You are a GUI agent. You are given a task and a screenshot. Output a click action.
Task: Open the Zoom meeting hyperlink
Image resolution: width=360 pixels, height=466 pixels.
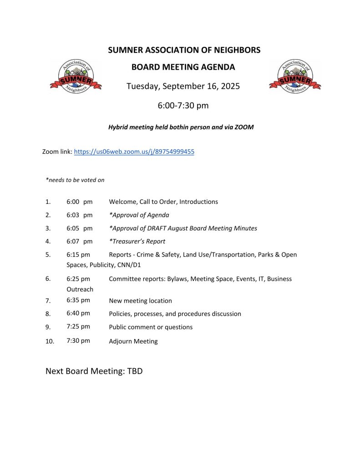pyautogui.click(x=134, y=152)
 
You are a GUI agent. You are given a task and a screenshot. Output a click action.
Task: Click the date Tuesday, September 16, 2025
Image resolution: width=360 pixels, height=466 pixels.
pyautogui.click(x=183, y=86)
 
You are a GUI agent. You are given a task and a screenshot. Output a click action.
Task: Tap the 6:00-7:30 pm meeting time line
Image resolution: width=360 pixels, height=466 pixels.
pyautogui.click(x=183, y=106)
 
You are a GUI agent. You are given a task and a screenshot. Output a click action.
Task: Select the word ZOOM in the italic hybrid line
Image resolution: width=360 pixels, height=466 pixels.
pyautogui.click(x=243, y=127)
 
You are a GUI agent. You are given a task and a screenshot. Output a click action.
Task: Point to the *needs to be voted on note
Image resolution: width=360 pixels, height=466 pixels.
pyautogui.click(x=75, y=180)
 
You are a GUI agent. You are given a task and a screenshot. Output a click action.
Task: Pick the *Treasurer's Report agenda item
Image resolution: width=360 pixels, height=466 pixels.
pyautogui.click(x=137, y=241)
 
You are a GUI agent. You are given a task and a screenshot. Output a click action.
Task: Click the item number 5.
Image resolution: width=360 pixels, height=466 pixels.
pyautogui.click(x=48, y=254)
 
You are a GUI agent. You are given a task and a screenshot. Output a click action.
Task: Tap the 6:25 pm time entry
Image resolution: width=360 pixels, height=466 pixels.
pyautogui.click(x=78, y=279)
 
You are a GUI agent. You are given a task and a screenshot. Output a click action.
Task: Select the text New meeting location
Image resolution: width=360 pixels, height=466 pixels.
pyautogui.click(x=140, y=300)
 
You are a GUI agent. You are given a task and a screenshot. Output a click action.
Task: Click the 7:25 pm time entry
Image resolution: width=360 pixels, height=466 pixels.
pyautogui.click(x=78, y=326)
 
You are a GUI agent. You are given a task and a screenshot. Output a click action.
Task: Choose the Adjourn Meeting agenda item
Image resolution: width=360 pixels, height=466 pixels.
pyautogui.click(x=133, y=341)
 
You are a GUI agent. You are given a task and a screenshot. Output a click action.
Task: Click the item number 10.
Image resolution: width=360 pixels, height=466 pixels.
pyautogui.click(x=50, y=341)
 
